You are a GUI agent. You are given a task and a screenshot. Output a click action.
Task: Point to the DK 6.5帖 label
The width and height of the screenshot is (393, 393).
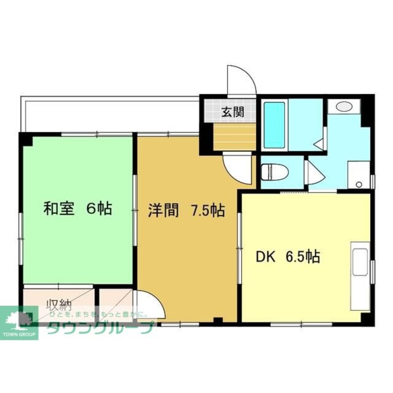point(288,256)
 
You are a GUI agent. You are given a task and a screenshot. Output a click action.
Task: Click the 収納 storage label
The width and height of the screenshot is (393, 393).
point(60,305)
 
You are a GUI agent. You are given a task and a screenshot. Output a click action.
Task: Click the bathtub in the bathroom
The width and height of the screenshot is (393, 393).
point(274,125)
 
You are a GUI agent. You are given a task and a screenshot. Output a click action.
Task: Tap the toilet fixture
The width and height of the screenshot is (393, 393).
point(274,172)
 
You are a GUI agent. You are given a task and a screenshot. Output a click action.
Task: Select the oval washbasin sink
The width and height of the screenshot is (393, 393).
point(344,106)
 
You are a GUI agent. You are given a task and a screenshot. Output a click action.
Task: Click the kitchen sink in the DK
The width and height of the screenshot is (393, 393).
point(360,262)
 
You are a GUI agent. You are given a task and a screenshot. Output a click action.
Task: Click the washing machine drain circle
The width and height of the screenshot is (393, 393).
point(359,185)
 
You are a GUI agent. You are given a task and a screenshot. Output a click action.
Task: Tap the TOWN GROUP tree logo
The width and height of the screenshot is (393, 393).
point(19,323)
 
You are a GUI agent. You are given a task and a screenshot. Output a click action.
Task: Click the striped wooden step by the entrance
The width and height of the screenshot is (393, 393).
point(235,137)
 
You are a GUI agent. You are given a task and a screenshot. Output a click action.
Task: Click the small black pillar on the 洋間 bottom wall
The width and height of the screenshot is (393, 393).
point(218,320)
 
